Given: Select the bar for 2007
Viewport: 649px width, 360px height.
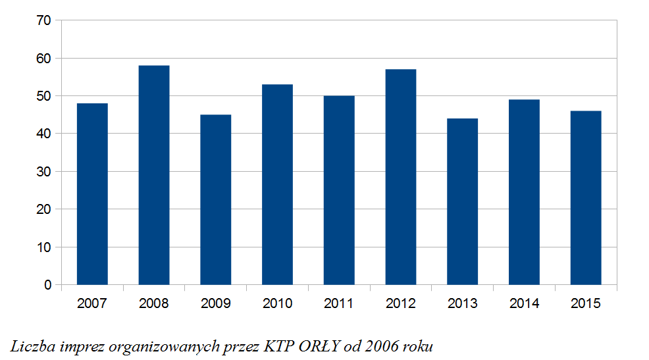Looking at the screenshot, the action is pos(92,194).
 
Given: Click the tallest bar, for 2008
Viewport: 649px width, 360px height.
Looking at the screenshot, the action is pos(154,175).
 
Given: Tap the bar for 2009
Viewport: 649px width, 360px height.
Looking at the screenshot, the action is pos(216,200).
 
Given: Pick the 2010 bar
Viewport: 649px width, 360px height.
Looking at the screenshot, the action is pos(277,184).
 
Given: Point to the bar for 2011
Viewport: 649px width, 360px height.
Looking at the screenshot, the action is pos(339,190).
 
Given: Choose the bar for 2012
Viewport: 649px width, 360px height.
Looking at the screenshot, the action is pos(401,177).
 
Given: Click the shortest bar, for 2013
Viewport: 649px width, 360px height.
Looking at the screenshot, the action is pos(462,201).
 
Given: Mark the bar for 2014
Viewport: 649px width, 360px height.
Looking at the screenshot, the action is pos(524,192).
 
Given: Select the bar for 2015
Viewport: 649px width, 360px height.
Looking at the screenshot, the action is pos(586,198).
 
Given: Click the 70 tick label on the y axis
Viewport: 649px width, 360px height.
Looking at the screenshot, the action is pos(44,20).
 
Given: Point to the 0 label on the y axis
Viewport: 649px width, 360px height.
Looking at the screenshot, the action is pos(48,285).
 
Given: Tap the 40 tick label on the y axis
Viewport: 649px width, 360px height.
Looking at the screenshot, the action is pos(44,134).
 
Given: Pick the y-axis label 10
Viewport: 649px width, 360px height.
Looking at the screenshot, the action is pos(44,247).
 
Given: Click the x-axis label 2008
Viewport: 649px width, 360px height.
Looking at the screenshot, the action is pos(154,303).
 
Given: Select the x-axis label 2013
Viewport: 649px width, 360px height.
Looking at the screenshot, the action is pos(462,303).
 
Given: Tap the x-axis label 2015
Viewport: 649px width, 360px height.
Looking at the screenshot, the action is pos(586,303).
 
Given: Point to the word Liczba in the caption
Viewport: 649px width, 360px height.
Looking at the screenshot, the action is pos(33,346).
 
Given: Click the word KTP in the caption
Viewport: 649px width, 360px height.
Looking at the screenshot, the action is pos(279,346).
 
